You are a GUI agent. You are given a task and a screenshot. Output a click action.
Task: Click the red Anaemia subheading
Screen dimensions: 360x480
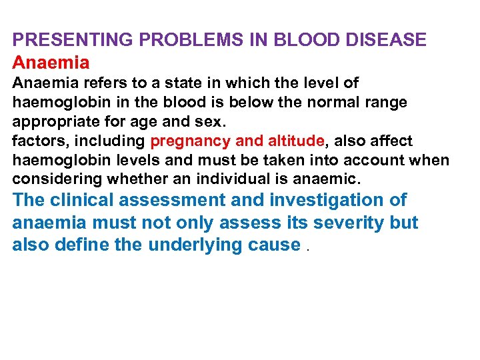51,63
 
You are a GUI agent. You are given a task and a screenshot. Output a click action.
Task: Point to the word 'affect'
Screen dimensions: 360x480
388,141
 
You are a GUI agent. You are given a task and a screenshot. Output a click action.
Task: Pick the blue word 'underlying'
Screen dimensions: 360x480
191,245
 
